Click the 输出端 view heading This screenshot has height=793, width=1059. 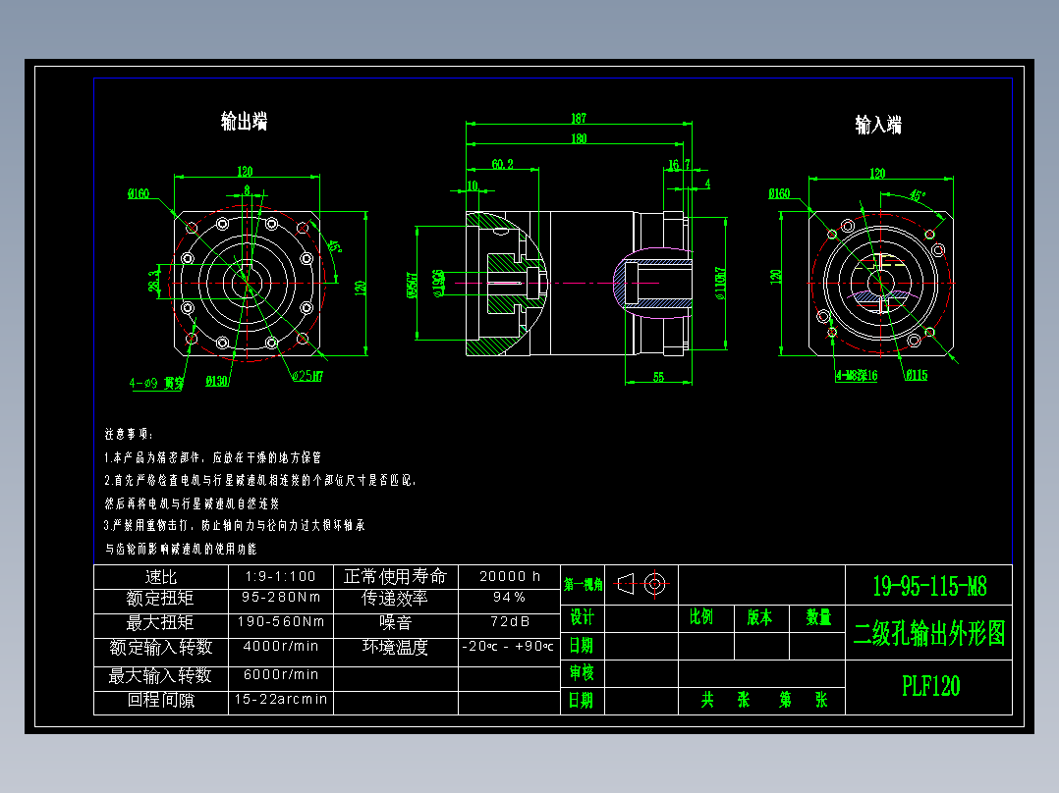pos(244,122)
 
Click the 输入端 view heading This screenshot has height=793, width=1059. pos(877,125)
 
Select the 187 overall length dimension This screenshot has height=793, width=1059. pos(579,119)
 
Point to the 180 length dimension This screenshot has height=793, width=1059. pos(579,138)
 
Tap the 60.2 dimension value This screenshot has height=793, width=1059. pos(502,163)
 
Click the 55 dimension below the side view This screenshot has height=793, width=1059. pos(658,376)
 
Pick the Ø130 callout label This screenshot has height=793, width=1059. pos(217,380)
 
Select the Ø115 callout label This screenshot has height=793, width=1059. pos(916,374)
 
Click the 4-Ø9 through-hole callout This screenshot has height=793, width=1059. pos(156,383)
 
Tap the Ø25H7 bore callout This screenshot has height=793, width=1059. pos(307,375)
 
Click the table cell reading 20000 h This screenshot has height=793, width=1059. pos(509,576)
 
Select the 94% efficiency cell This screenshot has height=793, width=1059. pos(509,598)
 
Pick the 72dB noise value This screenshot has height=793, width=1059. pos(509,622)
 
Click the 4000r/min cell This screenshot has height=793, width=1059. pos(281,647)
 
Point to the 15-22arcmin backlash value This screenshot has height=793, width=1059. pos(281,701)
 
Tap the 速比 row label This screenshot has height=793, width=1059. pos(160,576)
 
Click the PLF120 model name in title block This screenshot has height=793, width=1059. pos(930,686)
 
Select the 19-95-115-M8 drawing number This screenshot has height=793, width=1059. pos(929,587)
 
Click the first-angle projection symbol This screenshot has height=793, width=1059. pos(643,584)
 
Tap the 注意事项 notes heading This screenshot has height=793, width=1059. pos(129,434)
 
